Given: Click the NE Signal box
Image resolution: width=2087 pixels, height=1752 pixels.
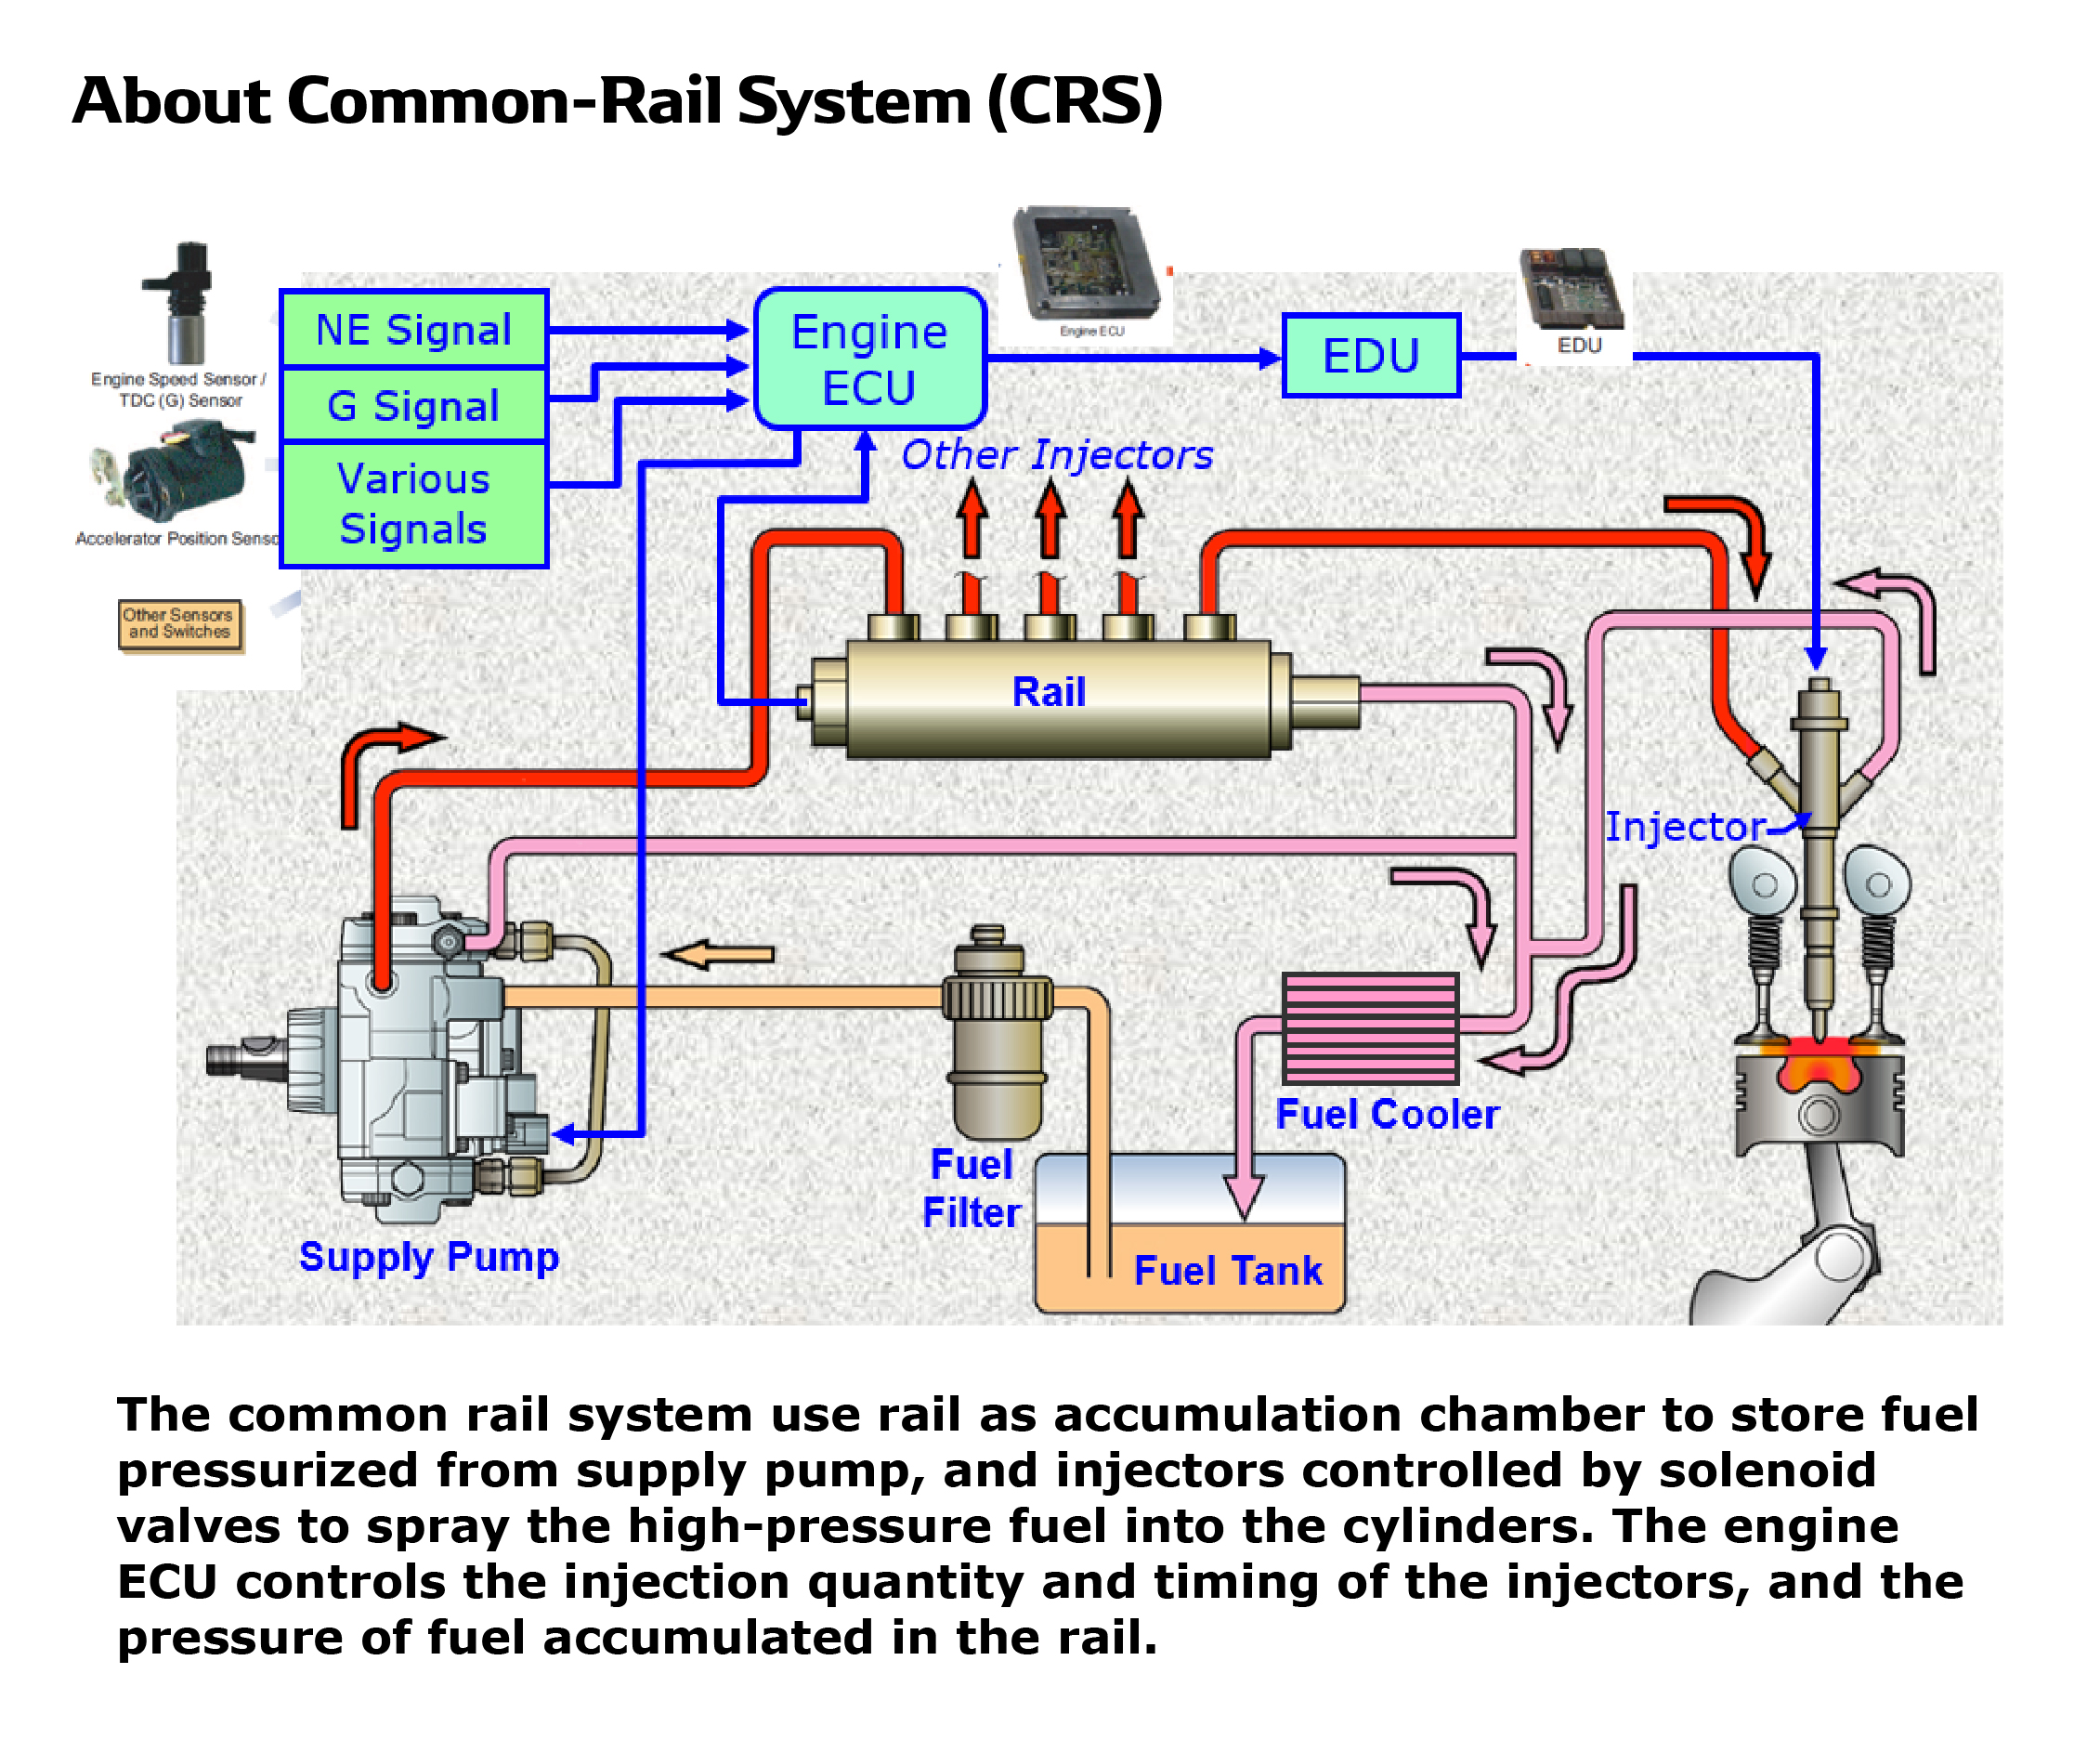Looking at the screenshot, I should (x=413, y=330).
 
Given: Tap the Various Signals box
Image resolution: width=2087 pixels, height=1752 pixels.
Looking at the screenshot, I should (x=413, y=503).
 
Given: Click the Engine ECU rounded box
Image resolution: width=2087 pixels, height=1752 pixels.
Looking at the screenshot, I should (x=869, y=359).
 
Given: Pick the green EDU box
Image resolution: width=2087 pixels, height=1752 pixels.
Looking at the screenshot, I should (x=1371, y=356).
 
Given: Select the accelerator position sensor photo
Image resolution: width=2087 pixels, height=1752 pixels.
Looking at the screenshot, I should (x=179, y=471).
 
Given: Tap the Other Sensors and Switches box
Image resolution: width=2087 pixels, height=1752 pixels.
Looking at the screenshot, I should (x=179, y=624).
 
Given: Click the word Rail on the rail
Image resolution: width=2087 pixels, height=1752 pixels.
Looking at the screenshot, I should (x=1049, y=693).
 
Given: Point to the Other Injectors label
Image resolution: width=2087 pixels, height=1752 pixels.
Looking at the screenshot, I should (x=1056, y=455).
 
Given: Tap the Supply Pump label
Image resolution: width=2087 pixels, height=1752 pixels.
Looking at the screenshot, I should (x=428, y=1257).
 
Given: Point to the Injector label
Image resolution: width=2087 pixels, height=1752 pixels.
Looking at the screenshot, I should (x=1685, y=827).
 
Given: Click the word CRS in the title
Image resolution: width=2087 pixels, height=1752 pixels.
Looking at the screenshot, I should (x=1075, y=101).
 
